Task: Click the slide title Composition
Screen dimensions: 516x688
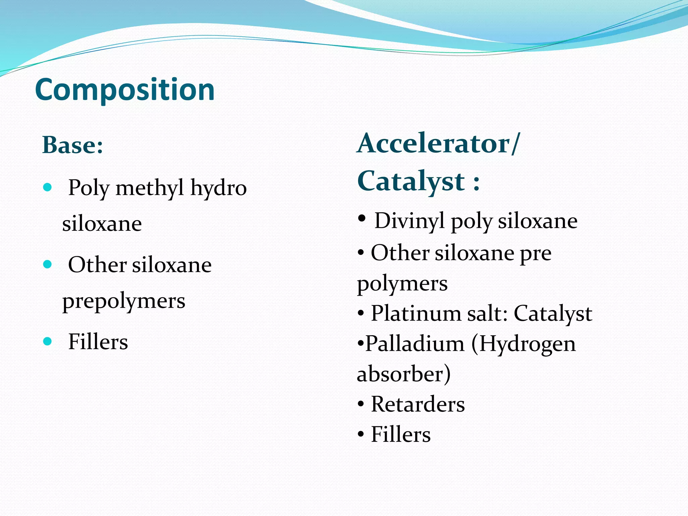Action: [x=125, y=90]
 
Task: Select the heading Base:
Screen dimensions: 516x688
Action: [x=73, y=145]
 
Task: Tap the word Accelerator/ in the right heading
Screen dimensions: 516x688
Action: [x=438, y=144]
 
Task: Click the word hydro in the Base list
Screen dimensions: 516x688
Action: [x=218, y=188]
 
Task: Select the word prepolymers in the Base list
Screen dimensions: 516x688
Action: [x=124, y=301]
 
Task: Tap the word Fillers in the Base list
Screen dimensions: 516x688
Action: [x=98, y=342]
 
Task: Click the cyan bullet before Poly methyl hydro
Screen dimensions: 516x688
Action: [x=48, y=187]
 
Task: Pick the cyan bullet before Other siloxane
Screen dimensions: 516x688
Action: [x=48, y=264]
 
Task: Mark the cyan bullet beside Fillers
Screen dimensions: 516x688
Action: [x=48, y=342]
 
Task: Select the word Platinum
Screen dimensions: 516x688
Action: [x=416, y=314]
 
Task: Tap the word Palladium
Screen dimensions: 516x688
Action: [x=415, y=344]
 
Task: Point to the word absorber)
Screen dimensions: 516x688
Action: [x=403, y=374]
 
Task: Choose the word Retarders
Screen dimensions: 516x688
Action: [x=418, y=404]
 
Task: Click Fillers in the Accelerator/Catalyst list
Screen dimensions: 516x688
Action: [x=400, y=434]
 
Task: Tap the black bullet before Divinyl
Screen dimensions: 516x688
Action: [x=362, y=219]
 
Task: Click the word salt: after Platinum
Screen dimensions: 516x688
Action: [x=487, y=314]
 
